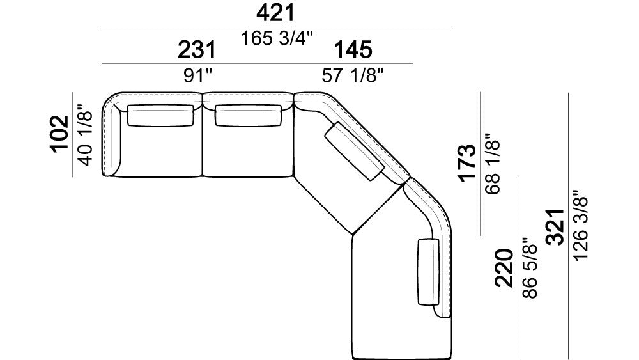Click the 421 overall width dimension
click(275, 13)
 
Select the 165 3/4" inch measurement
click(277, 38)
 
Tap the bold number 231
click(197, 50)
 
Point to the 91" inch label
click(197, 76)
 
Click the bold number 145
click(353, 50)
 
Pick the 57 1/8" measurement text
click(353, 76)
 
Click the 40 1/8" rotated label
click(86, 135)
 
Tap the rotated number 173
click(467, 162)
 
